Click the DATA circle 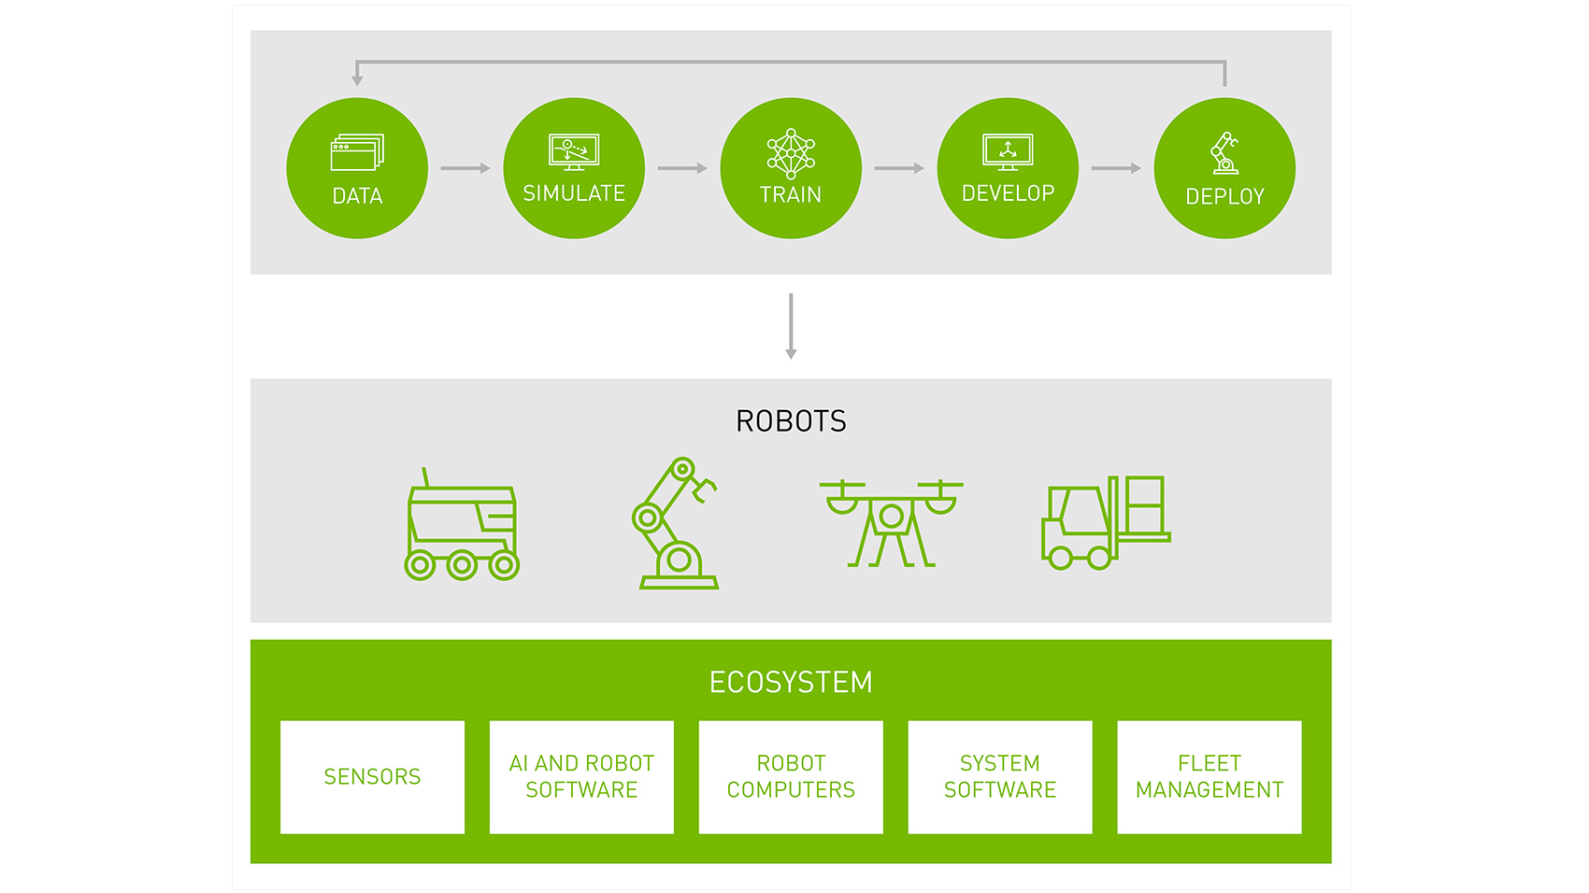[x=357, y=168]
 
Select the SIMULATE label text [x=574, y=193]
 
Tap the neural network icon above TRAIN [x=791, y=153]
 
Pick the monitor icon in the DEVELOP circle [x=1008, y=151]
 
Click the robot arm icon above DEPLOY [x=1224, y=153]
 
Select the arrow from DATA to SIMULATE [x=465, y=168]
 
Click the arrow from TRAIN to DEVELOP [x=899, y=168]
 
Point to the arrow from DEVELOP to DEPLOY [x=1116, y=168]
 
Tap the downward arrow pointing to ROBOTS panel [x=791, y=327]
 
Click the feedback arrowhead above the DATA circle [x=357, y=79]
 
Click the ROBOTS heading [x=791, y=421]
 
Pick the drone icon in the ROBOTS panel [x=891, y=523]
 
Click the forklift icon [x=1106, y=523]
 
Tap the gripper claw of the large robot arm [x=703, y=488]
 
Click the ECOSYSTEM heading [x=791, y=683]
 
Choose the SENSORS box [x=372, y=776]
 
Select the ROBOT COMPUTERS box [x=791, y=776]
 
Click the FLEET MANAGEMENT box [x=1210, y=776]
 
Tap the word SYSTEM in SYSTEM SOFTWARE [x=1000, y=763]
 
